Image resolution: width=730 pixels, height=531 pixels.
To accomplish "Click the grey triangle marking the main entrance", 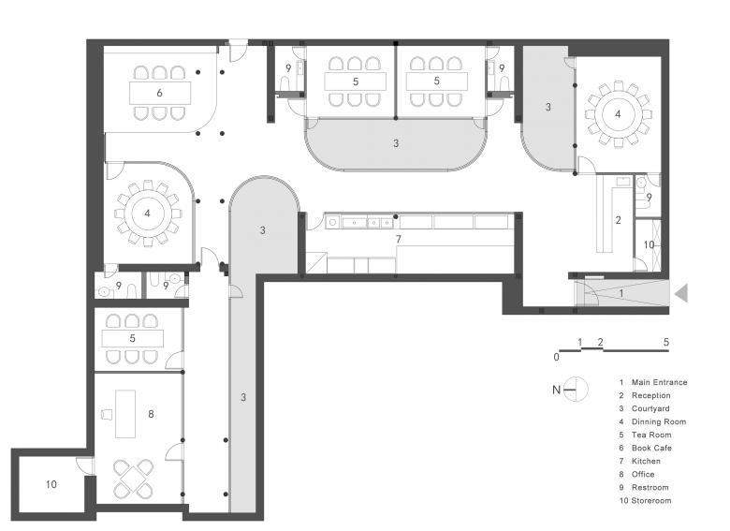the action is point(682,293).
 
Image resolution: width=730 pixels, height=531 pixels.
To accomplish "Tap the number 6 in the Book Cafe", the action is point(159,93).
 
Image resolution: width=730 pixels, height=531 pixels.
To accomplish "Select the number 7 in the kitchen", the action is point(398,240).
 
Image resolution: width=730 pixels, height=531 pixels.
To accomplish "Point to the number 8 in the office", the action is point(151,414).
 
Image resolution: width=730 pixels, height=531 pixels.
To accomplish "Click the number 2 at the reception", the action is point(619,220).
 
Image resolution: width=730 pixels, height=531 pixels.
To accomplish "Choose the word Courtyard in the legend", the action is point(650,408).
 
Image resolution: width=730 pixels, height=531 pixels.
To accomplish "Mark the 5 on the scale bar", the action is point(666,343).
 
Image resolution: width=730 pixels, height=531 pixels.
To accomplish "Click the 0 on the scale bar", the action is point(556,357).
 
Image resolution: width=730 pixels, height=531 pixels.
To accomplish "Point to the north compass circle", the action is point(577,389).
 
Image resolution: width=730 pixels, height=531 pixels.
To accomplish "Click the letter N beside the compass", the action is point(556,390).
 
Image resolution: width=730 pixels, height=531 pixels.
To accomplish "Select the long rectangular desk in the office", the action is point(125,414).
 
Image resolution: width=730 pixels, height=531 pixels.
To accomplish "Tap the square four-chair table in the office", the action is point(134,479).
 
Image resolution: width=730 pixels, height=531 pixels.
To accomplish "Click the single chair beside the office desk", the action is point(107,415).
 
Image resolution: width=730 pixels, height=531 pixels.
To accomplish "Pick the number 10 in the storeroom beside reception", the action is point(649,244).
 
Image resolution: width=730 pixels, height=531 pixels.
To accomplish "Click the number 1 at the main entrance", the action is point(621,293).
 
